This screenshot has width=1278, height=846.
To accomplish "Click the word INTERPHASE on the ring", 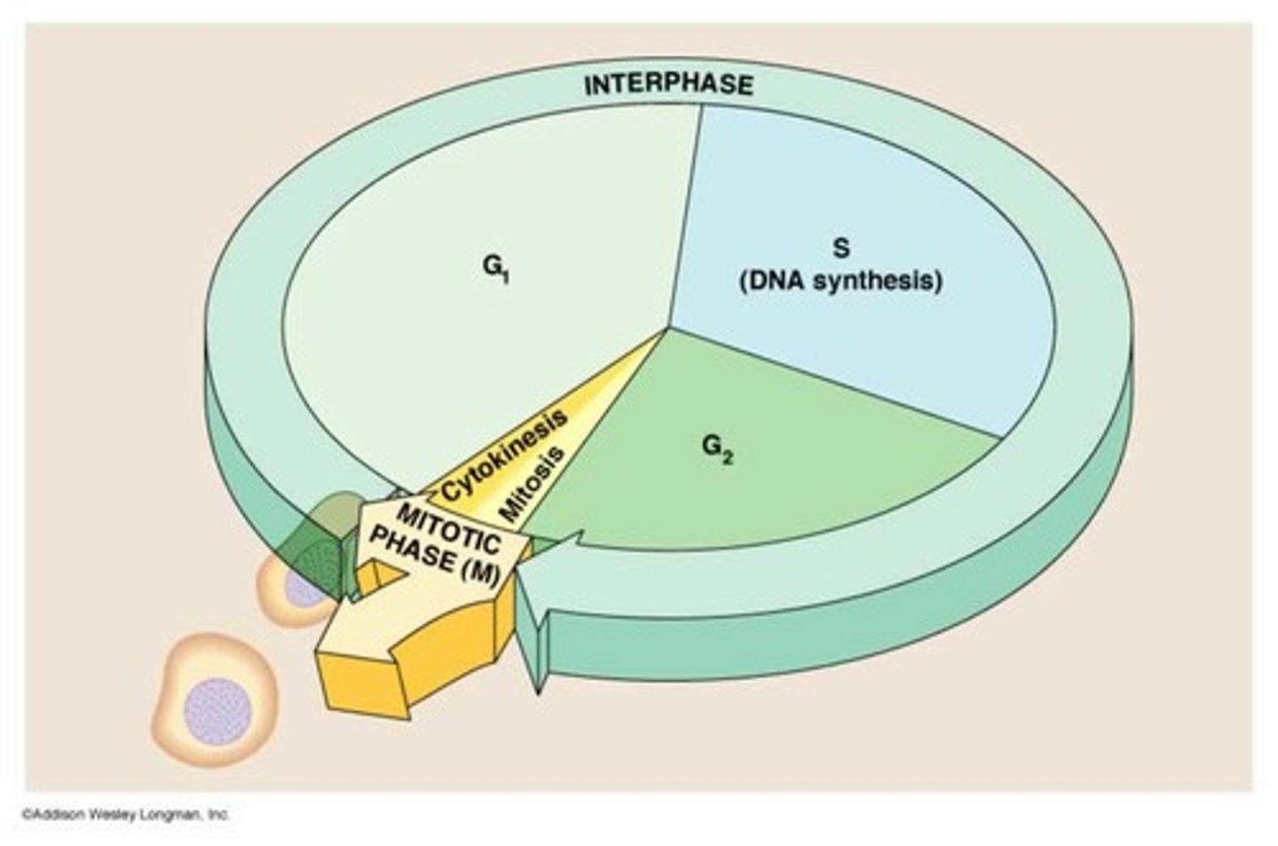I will point(667,85).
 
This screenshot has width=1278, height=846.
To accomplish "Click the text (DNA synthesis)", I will point(840,281).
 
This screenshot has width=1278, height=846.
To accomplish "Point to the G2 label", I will point(718,449).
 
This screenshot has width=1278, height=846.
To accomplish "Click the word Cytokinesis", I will point(504,455).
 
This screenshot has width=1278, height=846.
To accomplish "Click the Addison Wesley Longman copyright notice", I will point(124,814).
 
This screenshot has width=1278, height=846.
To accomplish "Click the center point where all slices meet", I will point(667,329).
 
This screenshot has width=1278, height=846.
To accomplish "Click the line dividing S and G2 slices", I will point(834,383).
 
